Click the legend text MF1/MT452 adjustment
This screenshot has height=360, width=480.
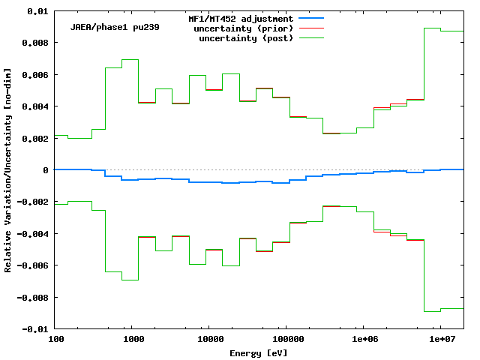click(240, 18)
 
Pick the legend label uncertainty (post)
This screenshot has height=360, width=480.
click(246, 37)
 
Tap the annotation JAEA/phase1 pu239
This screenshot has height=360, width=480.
click(115, 28)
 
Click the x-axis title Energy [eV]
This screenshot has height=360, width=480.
click(259, 352)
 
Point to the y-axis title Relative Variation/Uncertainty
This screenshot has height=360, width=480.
click(8, 169)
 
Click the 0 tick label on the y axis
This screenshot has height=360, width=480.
click(46, 170)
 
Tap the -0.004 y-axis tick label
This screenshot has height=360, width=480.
click(32, 234)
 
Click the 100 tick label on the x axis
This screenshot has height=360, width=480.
click(55, 339)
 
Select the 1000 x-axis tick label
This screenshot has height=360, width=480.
click(133, 339)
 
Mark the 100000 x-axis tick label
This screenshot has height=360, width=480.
click(286, 339)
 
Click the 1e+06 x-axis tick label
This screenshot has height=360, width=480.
click(363, 339)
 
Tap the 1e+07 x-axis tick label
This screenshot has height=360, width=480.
click(440, 339)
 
